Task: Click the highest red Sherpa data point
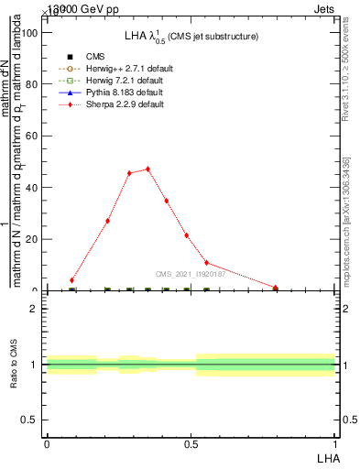click(x=147, y=169)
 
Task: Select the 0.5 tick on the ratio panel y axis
click(x=32, y=420)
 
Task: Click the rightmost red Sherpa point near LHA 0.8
click(x=276, y=288)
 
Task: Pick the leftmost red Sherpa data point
click(x=72, y=279)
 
